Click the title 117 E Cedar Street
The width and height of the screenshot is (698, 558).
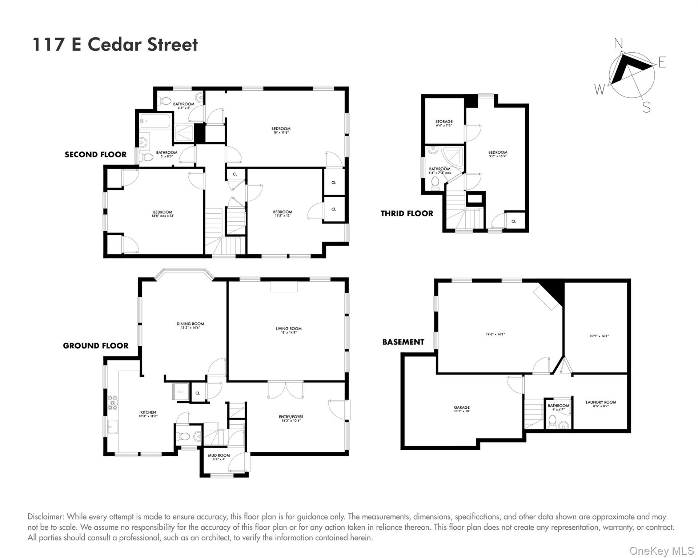(115, 45)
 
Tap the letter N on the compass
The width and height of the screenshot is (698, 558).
(618, 44)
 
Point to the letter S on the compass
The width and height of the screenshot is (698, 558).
(646, 107)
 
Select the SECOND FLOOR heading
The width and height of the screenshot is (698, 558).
(96, 155)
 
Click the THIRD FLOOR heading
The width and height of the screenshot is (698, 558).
(407, 214)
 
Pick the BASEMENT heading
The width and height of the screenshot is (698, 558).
(403, 342)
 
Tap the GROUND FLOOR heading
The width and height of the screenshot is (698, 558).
(96, 346)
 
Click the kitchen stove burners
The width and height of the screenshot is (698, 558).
(113, 403)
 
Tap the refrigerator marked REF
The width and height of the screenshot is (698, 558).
(181, 392)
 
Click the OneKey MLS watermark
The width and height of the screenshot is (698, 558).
(662, 551)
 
